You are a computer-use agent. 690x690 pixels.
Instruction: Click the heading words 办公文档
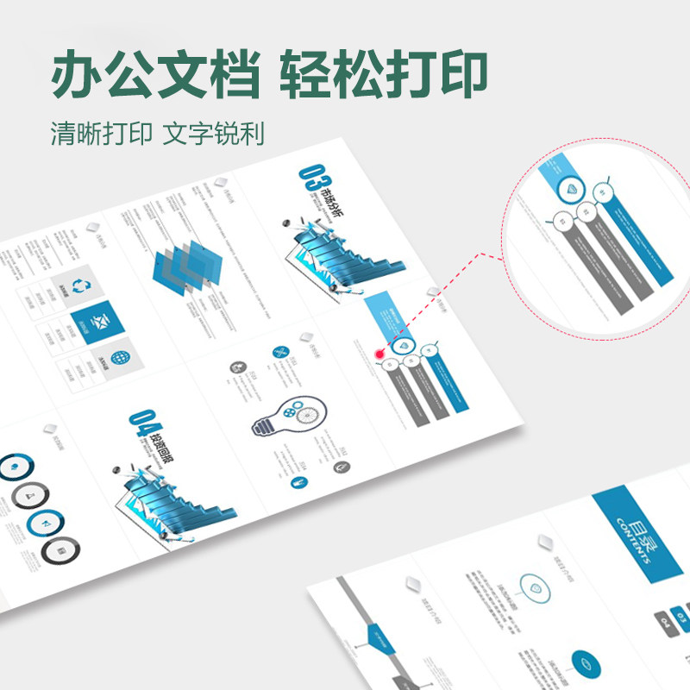click(154, 73)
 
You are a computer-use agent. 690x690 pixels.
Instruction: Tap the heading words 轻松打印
click(383, 73)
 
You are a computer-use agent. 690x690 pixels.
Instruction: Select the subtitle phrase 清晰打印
click(102, 135)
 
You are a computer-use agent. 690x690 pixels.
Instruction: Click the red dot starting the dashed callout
click(379, 353)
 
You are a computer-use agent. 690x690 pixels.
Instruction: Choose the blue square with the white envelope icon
click(98, 323)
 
